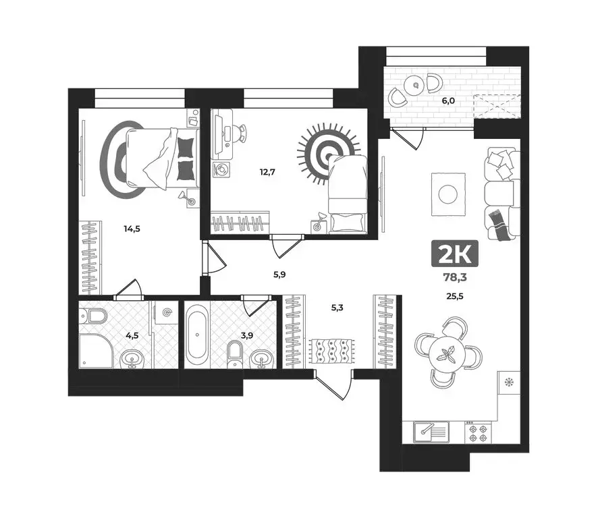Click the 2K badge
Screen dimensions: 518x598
454,254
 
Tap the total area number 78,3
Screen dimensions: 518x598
455,277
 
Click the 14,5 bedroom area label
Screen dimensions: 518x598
132,229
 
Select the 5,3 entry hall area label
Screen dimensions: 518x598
336,309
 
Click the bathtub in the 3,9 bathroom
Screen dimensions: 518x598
196,334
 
